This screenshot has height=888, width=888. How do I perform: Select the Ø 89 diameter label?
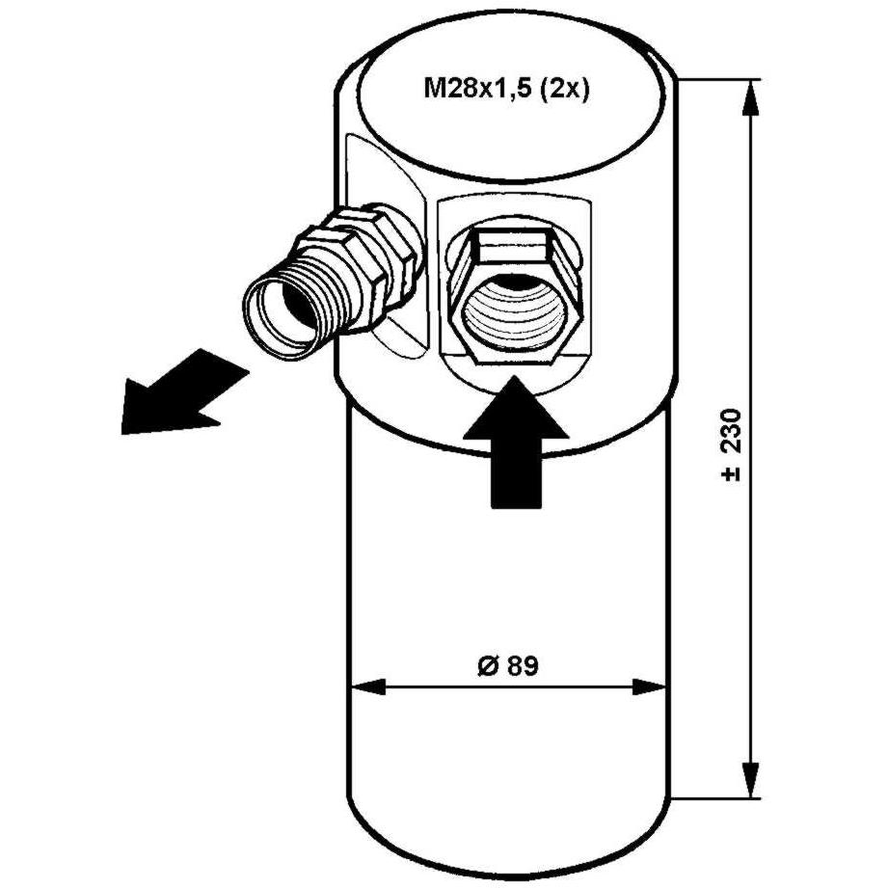507,666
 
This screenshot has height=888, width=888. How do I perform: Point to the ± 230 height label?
731,445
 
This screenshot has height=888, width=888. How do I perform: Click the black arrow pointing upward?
515,442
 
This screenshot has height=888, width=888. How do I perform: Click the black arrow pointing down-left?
184,393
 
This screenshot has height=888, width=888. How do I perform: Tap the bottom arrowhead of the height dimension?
750,779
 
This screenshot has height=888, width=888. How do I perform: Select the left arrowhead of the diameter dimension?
368,688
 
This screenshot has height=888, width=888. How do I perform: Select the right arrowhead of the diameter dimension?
650,688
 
